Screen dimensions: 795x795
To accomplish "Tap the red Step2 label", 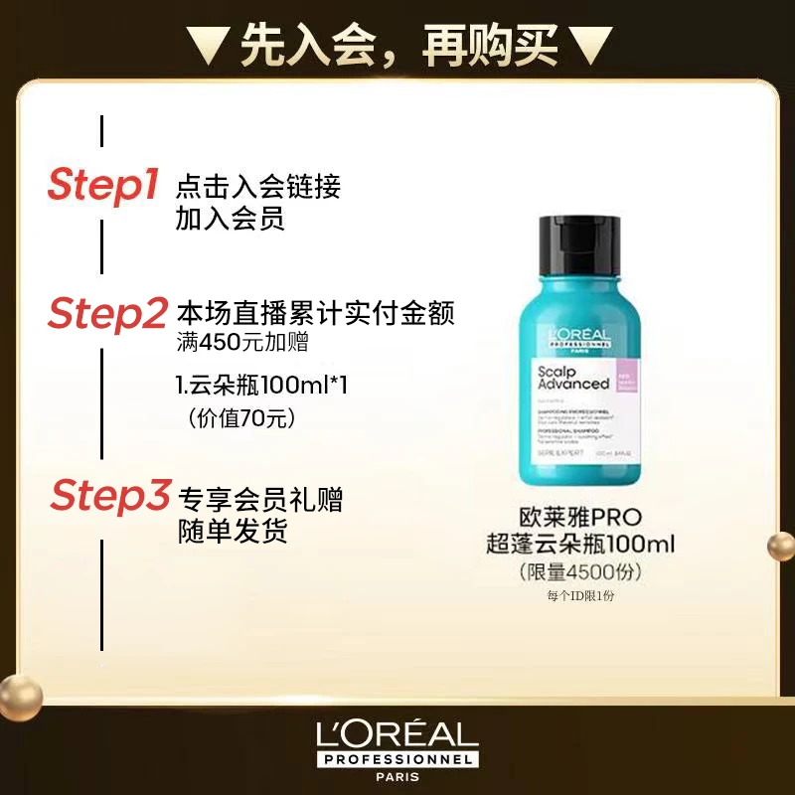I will click(x=107, y=314).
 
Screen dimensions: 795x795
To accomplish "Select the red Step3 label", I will click(x=110, y=496).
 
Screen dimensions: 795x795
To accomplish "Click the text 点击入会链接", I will click(x=258, y=186).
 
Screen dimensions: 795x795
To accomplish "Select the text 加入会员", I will click(x=231, y=219).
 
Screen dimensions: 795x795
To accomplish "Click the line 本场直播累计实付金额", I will click(x=315, y=314).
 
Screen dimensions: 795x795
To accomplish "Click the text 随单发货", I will click(x=233, y=532).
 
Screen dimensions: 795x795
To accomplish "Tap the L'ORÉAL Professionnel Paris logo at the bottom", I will click(x=397, y=746).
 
